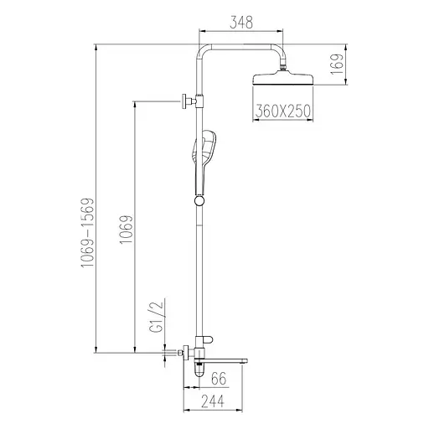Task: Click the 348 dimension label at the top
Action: (x=241, y=23)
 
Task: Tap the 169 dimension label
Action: (x=337, y=64)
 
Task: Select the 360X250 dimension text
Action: (x=283, y=111)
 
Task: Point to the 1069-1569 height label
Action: (x=87, y=233)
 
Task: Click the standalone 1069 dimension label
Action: (x=126, y=229)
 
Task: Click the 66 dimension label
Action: (x=219, y=379)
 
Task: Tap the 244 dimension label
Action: (x=213, y=401)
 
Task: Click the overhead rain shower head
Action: (x=283, y=79)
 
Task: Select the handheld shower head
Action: (x=204, y=162)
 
